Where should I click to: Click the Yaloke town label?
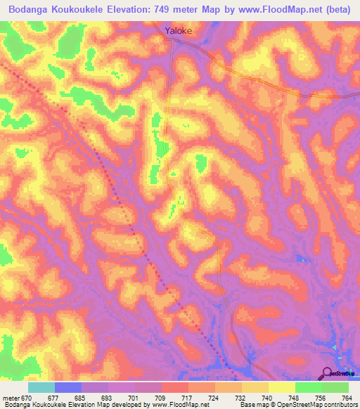tap(178, 31)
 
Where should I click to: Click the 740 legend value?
tap(267, 397)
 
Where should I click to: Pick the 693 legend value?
tap(107, 397)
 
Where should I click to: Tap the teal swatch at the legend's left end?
tap(41, 387)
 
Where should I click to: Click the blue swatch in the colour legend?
tap(67, 387)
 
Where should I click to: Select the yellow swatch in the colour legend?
tap(281, 387)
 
